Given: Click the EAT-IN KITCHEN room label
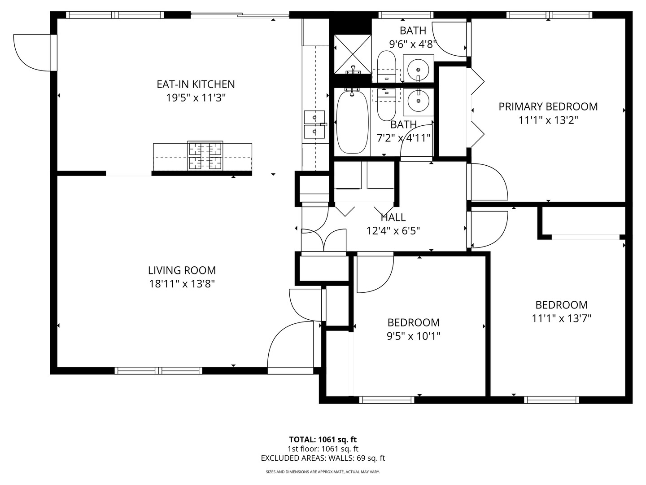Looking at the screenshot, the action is click(x=196, y=84).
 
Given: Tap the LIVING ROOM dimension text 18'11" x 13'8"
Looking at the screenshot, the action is click(x=182, y=284).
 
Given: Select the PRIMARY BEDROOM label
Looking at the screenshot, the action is click(x=548, y=106).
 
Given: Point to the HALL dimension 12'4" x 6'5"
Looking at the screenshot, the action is click(x=393, y=230).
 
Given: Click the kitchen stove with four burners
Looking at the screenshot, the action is click(x=205, y=156).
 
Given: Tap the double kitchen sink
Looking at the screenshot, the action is click(x=314, y=124).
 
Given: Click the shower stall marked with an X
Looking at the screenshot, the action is click(x=353, y=54).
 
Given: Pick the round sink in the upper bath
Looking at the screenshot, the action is click(x=418, y=69).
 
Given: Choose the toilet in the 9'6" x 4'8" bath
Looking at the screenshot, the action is click(x=386, y=67).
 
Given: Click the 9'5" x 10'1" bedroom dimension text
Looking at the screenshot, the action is click(x=414, y=336).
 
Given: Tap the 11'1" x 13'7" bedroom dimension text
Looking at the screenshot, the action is click(x=562, y=318).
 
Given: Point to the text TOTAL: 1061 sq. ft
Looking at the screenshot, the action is click(x=323, y=440).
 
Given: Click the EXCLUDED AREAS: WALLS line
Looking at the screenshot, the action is click(x=323, y=458).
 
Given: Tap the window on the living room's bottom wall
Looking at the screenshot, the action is click(x=158, y=371).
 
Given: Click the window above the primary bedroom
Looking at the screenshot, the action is click(x=550, y=15).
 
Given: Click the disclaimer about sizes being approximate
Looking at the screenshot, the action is click(x=323, y=472).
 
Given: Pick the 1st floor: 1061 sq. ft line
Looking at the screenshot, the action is click(x=323, y=449).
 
